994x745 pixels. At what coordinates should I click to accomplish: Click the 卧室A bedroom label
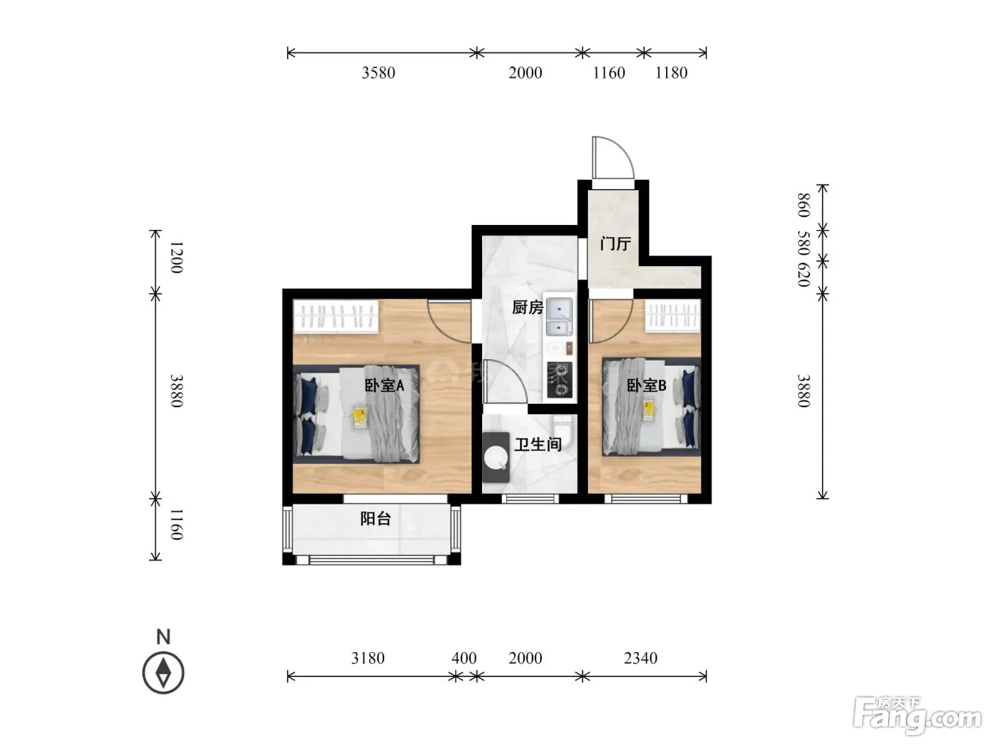pyautogui.click(x=384, y=385)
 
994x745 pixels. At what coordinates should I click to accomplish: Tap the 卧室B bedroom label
pyautogui.click(x=646, y=385)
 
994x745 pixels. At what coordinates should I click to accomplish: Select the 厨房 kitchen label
pyautogui.click(x=528, y=308)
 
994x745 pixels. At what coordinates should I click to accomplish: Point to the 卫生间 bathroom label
pyautogui.click(x=538, y=444)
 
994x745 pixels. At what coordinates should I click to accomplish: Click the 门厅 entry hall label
pyautogui.click(x=616, y=244)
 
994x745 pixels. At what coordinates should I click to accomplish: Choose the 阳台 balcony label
pyautogui.click(x=376, y=519)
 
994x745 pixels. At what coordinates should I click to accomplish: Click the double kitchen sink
pyautogui.click(x=559, y=316)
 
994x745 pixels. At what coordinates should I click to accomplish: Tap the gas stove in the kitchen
pyautogui.click(x=559, y=380)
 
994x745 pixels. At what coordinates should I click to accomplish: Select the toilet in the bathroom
pyautogui.click(x=563, y=432)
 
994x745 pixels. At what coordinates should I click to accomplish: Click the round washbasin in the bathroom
pyautogui.click(x=496, y=458)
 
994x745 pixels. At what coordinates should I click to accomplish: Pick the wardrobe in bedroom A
pyautogui.click(x=336, y=316)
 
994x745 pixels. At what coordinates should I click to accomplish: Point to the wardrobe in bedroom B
pyautogui.click(x=672, y=316)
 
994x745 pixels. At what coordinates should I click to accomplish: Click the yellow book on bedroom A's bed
pyautogui.click(x=360, y=417)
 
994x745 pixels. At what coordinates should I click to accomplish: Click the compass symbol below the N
pyautogui.click(x=163, y=673)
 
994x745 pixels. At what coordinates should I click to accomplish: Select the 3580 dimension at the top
pyautogui.click(x=378, y=73)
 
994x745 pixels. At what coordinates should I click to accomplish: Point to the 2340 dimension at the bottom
pyautogui.click(x=640, y=658)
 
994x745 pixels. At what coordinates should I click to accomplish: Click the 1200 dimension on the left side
pyautogui.click(x=176, y=258)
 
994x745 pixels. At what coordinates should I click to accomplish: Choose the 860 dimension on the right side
pyautogui.click(x=803, y=205)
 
